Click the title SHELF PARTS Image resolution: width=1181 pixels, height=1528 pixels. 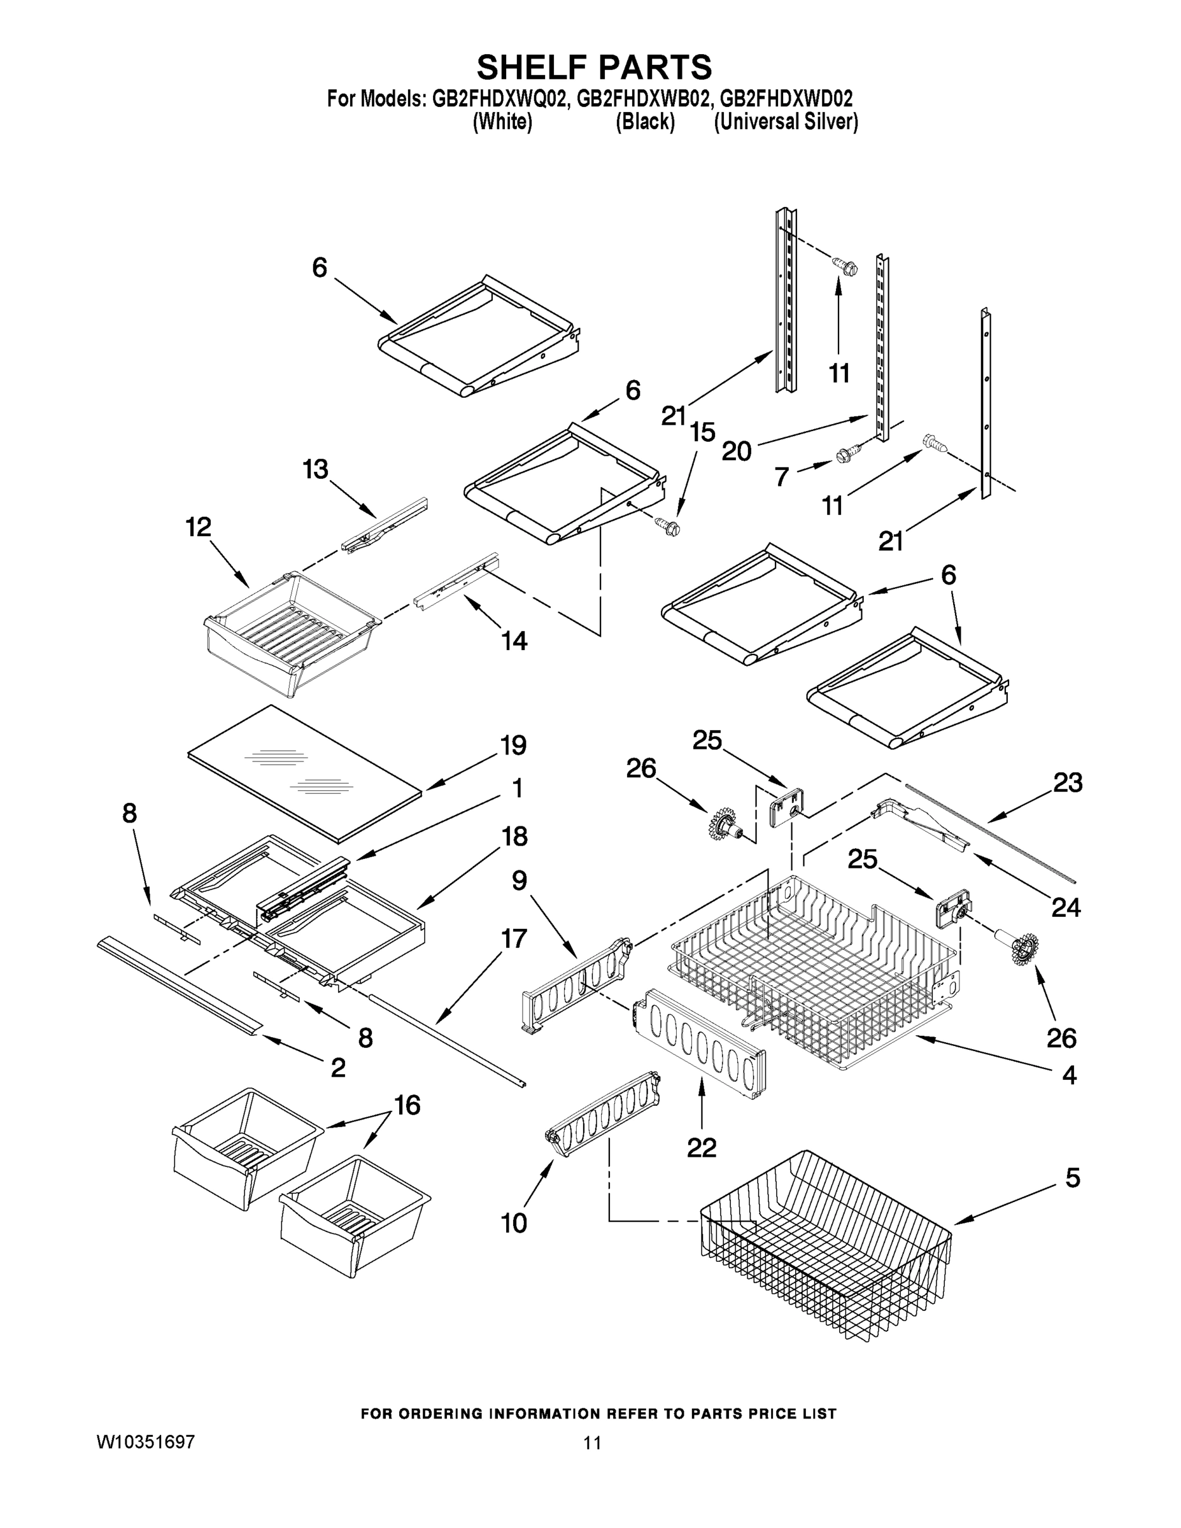pyautogui.click(x=594, y=68)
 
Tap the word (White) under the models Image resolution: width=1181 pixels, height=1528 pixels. pyautogui.click(x=502, y=122)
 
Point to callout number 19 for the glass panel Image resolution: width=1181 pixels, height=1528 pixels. pyautogui.click(x=514, y=745)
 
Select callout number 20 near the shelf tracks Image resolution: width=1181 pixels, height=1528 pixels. pyautogui.click(x=736, y=451)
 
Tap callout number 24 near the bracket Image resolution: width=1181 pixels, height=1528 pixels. pyautogui.click(x=1066, y=908)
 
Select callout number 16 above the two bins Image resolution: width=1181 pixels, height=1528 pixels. pyautogui.click(x=407, y=1105)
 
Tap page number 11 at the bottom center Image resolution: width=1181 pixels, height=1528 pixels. pyautogui.click(x=592, y=1443)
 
